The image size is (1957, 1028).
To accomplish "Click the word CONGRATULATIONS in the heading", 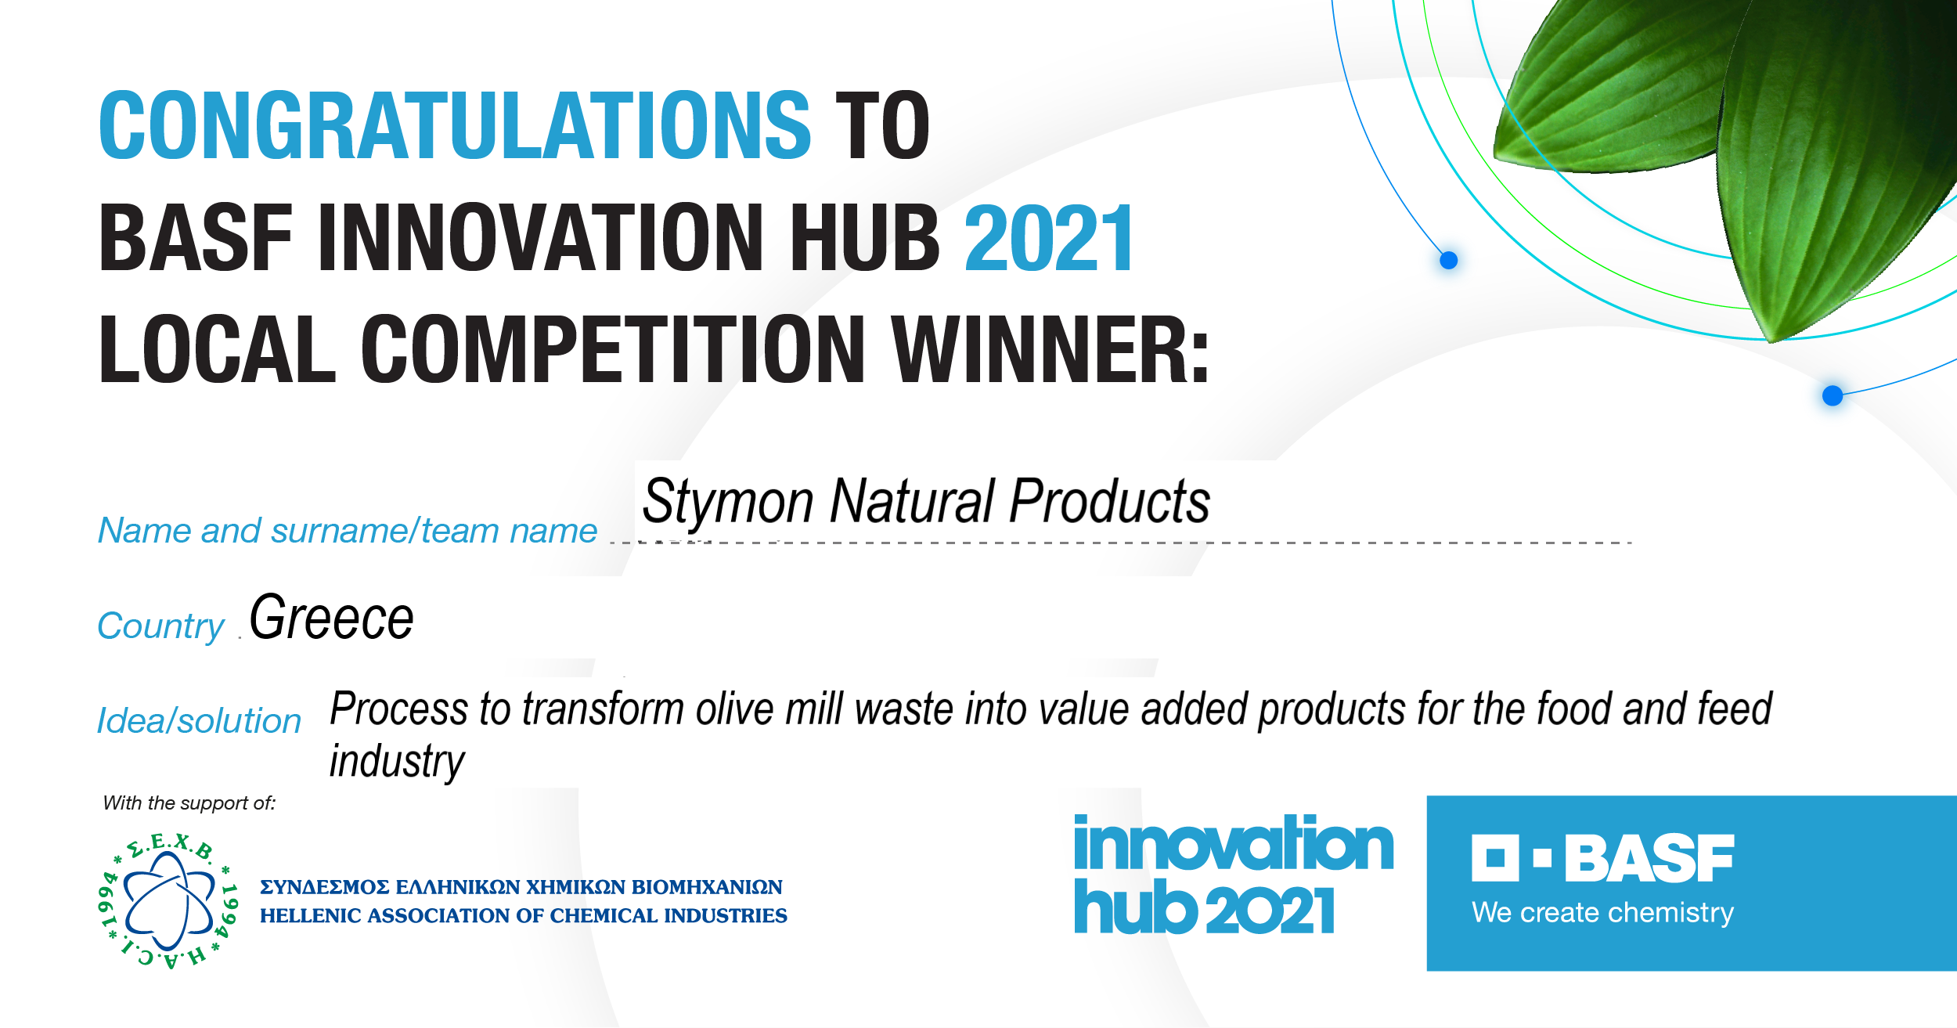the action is coord(455,125).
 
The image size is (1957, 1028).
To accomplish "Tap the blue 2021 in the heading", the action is coord(1049,238).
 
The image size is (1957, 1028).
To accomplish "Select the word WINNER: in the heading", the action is coord(1051,349).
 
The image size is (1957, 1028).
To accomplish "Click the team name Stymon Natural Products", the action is coord(926,501).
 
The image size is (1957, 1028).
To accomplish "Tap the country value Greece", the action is coord(331,618).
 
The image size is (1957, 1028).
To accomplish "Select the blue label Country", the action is coord(160,626).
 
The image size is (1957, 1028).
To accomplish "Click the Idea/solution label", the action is coord(199,720).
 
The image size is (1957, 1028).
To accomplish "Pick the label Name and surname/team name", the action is coord(348,531).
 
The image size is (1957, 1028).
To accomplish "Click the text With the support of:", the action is coord(189,803).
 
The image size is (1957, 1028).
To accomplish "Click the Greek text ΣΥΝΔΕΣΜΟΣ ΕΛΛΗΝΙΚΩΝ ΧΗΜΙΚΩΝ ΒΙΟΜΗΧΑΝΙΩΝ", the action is coord(521,887).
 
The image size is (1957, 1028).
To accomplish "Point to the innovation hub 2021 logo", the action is coord(1234,875).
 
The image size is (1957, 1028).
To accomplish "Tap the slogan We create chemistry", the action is coord(1602,913).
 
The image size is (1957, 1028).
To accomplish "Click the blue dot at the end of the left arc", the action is coord(1449,260).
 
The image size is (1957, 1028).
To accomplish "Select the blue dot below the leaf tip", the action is coord(1833,395).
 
